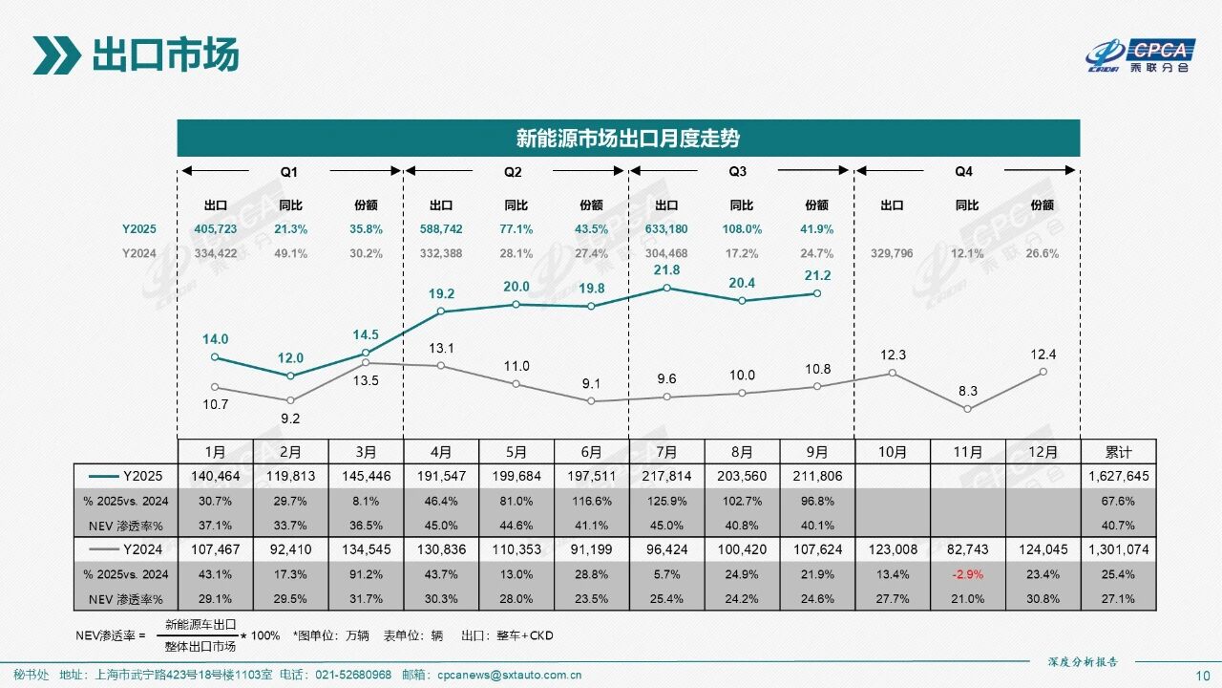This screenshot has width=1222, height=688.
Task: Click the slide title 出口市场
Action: tap(164, 55)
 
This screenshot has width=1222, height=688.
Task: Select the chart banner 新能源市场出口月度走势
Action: tap(628, 139)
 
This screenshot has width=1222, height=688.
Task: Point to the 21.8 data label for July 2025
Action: tap(667, 270)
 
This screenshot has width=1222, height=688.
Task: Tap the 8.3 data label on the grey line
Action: tap(967, 391)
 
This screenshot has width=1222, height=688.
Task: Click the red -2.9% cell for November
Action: tap(967, 573)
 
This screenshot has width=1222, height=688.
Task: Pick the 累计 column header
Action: tap(1118, 452)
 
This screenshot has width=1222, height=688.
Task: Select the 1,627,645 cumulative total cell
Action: tap(1118, 475)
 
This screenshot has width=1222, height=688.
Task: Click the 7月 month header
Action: tap(667, 452)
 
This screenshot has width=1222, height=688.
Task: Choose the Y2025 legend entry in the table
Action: tap(124, 475)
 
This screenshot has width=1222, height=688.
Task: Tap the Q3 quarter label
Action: tap(738, 172)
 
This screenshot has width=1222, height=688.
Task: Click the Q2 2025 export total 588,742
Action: tap(441, 229)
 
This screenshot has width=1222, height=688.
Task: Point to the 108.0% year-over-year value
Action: tap(742, 229)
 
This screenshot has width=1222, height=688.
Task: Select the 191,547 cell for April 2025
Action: tap(441, 475)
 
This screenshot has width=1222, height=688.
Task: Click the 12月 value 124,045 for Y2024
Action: tap(1043, 549)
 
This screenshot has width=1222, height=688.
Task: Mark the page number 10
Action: tap(1202, 676)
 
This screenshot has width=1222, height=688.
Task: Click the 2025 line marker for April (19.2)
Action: tap(441, 312)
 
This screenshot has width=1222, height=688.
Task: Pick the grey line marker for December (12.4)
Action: tap(1043, 372)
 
